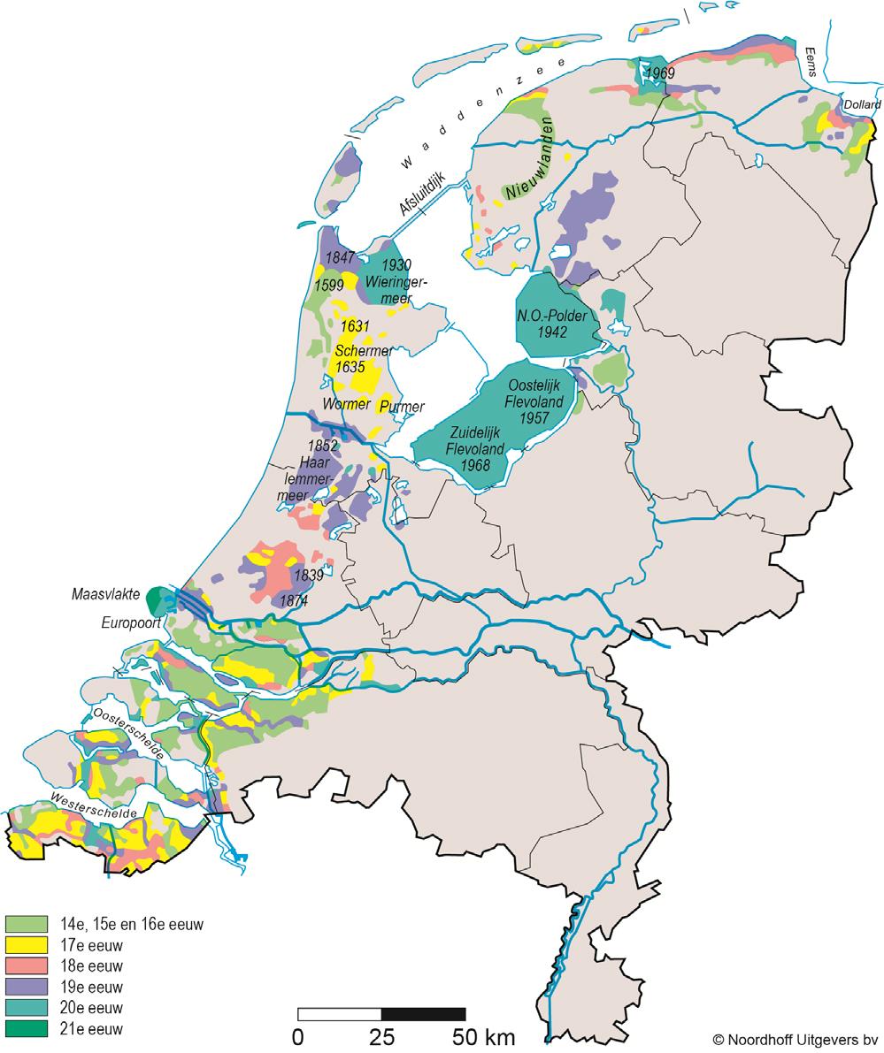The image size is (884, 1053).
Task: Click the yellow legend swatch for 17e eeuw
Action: tap(27, 945)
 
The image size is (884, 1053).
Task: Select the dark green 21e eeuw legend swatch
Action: tap(27, 1029)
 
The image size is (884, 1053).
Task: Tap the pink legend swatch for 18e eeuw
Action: tap(27, 966)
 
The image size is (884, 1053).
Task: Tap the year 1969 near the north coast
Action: tap(659, 72)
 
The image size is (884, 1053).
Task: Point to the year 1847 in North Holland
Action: tap(340, 258)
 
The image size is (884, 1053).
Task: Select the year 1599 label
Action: tap(329, 285)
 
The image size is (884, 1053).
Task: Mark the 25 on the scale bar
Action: tap(381, 1036)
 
